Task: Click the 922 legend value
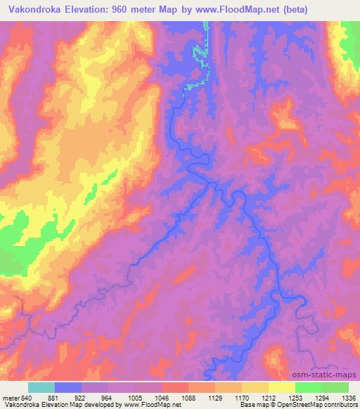[82, 398]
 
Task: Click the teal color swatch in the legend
[41, 388]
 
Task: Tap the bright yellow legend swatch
[281, 388]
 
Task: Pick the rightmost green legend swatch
[335, 388]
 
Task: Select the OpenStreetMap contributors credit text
[312, 405]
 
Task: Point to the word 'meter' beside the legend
[9, 398]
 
